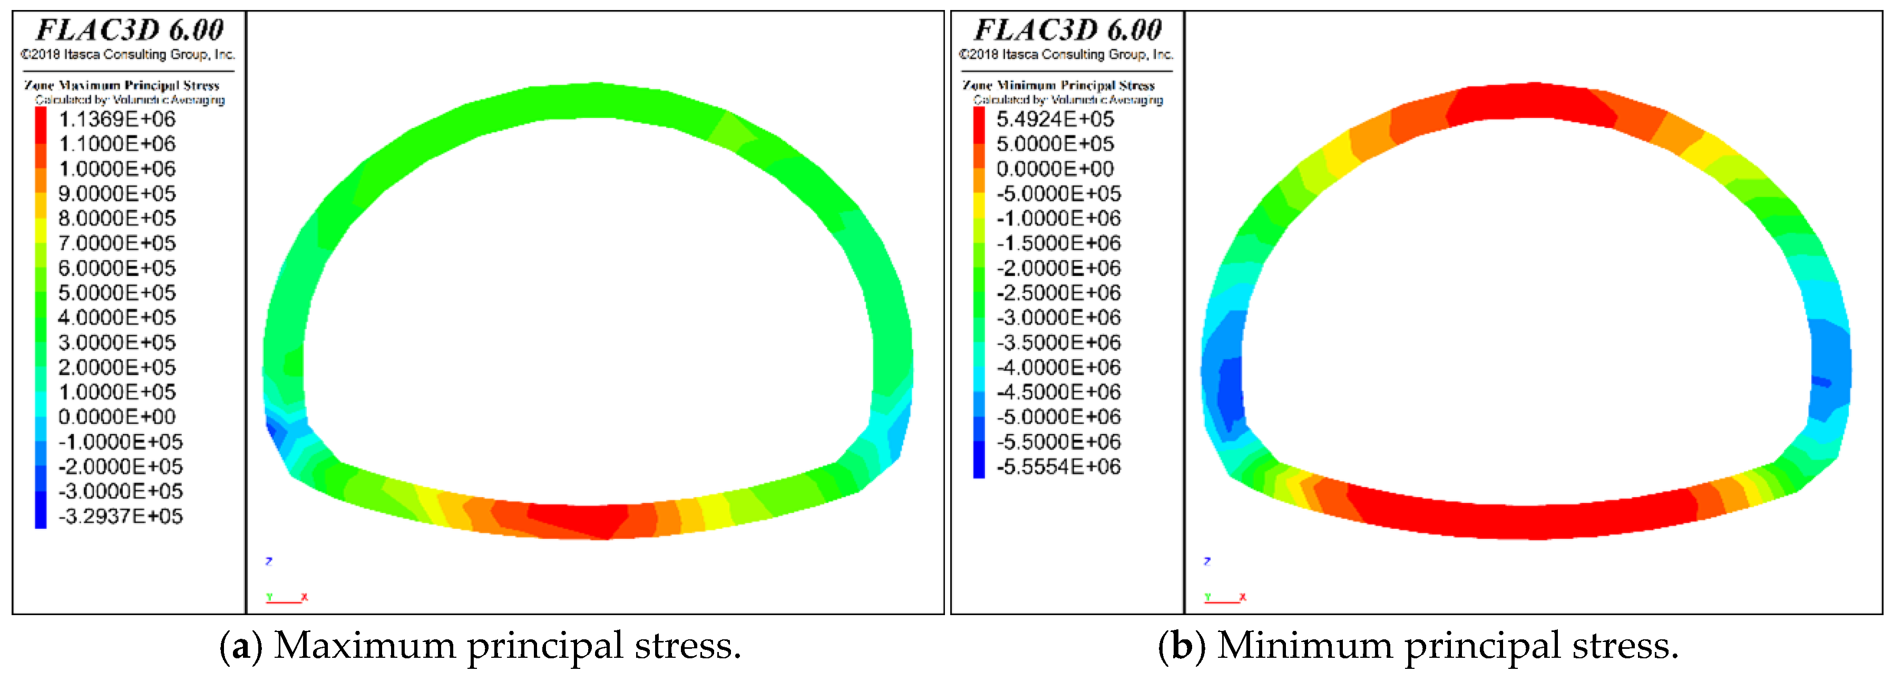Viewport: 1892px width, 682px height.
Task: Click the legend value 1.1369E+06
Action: [x=117, y=119]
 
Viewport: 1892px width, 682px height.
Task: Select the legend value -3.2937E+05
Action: [x=121, y=516]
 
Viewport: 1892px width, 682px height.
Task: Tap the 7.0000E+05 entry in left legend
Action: [x=117, y=243]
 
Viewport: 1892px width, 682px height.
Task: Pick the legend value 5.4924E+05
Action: [x=1055, y=119]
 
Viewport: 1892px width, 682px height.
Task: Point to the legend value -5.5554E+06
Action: [x=1058, y=467]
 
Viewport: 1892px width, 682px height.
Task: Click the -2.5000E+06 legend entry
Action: [x=1058, y=293]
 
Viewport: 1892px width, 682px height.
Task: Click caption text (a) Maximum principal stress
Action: [x=480, y=646]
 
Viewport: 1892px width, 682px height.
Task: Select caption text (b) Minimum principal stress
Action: [x=1418, y=646]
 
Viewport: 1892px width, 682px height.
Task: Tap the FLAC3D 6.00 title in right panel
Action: [x=1067, y=30]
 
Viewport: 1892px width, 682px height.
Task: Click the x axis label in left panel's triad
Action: [x=304, y=597]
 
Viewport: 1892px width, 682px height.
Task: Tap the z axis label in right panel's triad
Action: [x=1207, y=561]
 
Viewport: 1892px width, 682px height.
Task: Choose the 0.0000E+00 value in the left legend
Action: [x=117, y=417]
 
